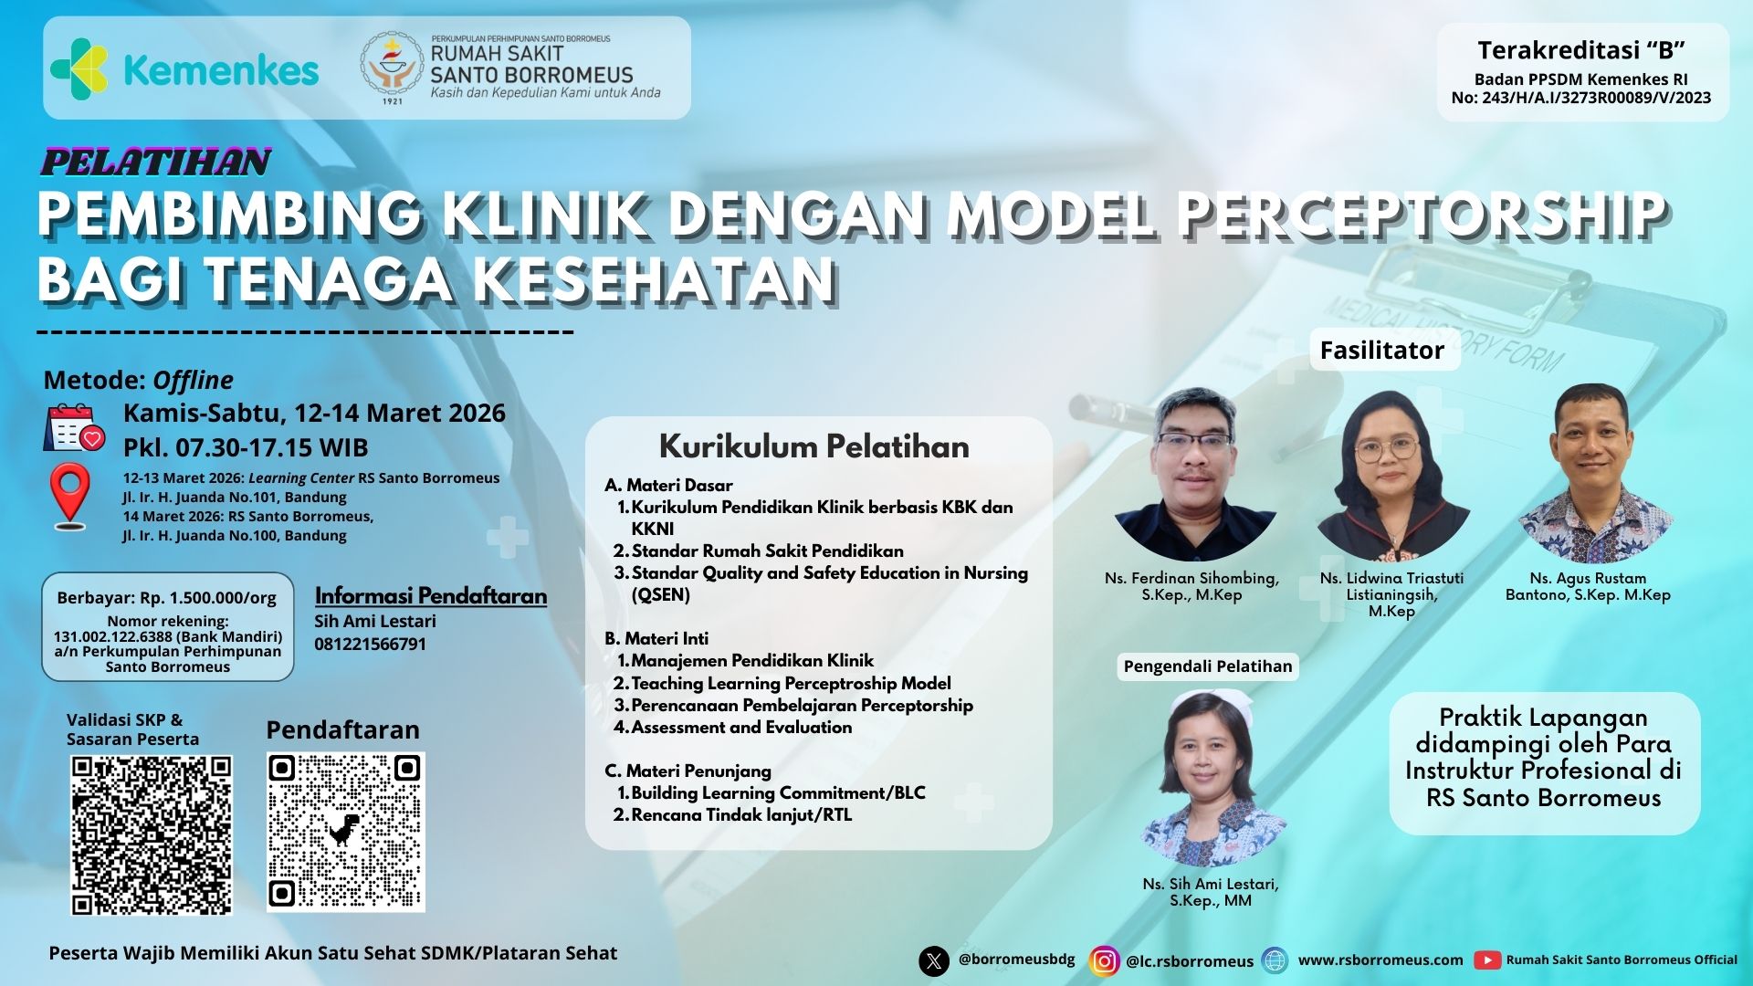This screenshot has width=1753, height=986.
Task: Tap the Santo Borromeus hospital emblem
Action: click(x=392, y=67)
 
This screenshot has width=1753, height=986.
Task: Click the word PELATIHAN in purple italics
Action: click(x=156, y=162)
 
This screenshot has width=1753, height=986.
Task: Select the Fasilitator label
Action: click(x=1382, y=350)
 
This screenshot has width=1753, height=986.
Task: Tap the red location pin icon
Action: click(x=70, y=497)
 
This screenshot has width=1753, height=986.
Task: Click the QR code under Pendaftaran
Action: click(x=346, y=831)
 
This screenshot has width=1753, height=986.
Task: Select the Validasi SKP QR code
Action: click(x=152, y=835)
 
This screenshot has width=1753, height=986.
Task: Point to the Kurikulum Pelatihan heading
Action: click(x=814, y=446)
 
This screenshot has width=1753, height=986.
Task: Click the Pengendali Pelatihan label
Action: click(x=1208, y=666)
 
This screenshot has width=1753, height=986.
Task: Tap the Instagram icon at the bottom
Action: click(x=1104, y=960)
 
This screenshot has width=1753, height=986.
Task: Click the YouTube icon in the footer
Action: click(x=1487, y=960)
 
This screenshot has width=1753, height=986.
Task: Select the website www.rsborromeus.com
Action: click(x=1380, y=960)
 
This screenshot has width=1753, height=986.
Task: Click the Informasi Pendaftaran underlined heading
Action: click(x=431, y=596)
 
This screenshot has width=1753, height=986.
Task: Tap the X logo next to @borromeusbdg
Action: click(x=934, y=960)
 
